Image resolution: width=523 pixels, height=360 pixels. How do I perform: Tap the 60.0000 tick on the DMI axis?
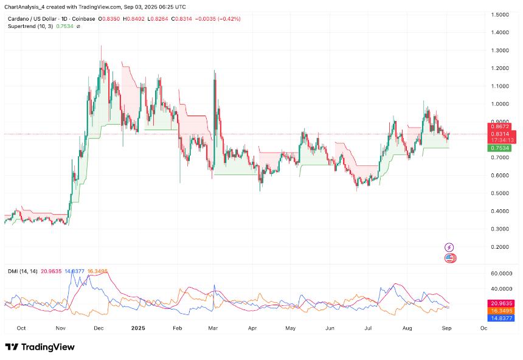tap(502, 274)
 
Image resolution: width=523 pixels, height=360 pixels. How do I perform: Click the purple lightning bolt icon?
tap(449, 247)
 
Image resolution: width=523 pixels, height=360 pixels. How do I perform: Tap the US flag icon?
tap(449, 258)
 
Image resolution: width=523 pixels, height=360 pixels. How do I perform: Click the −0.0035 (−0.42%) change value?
tap(216, 19)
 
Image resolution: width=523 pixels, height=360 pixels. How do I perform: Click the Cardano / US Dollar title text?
tap(33, 19)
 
